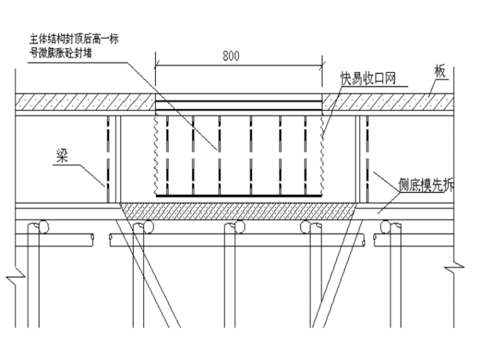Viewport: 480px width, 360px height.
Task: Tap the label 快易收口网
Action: click(x=368, y=78)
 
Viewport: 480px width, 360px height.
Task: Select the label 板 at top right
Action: click(x=440, y=71)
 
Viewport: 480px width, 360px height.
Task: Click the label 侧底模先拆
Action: click(x=426, y=185)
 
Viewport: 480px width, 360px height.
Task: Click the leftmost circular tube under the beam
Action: click(x=42, y=225)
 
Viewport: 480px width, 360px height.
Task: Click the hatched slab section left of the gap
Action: click(x=85, y=101)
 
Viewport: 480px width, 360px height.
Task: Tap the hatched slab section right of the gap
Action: click(x=388, y=101)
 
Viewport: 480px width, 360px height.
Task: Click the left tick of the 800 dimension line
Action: click(x=156, y=64)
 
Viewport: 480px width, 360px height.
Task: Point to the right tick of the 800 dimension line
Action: click(x=323, y=64)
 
